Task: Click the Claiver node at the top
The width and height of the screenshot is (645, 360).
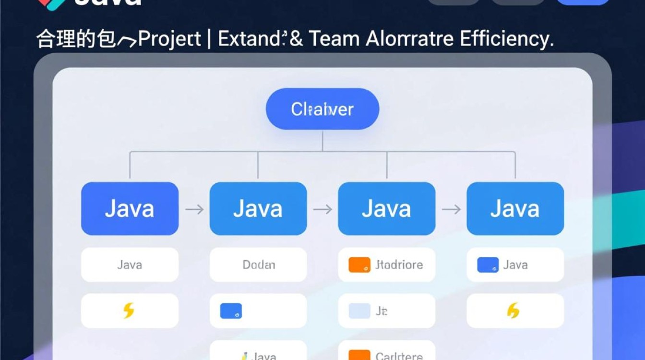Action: pos(322,109)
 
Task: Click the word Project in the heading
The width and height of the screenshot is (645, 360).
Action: pos(169,39)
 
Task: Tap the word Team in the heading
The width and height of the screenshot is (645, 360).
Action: pos(333,39)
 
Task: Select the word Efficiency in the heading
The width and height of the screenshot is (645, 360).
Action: pos(506,39)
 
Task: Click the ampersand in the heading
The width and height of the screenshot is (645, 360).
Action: pos(296,39)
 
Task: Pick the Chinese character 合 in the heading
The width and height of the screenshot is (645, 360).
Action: pos(46,39)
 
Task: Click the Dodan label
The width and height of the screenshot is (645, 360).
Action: pos(259,264)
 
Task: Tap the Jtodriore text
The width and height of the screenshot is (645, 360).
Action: pos(399,264)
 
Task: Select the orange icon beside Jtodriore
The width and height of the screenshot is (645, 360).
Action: pos(359,265)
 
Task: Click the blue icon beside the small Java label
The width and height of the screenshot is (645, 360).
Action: pos(488,265)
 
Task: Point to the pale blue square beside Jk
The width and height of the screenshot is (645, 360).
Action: pos(359,311)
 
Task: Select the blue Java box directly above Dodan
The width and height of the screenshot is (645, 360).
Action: pos(258,209)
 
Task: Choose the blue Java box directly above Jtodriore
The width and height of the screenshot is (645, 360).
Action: pos(387,209)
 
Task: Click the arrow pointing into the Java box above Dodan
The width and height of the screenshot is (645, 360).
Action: pos(194,209)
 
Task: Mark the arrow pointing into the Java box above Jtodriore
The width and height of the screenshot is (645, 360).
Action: pos(322,209)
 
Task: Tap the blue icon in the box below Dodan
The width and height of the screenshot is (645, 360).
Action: pos(231,311)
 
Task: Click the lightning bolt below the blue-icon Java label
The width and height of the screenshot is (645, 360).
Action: pos(513,311)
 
